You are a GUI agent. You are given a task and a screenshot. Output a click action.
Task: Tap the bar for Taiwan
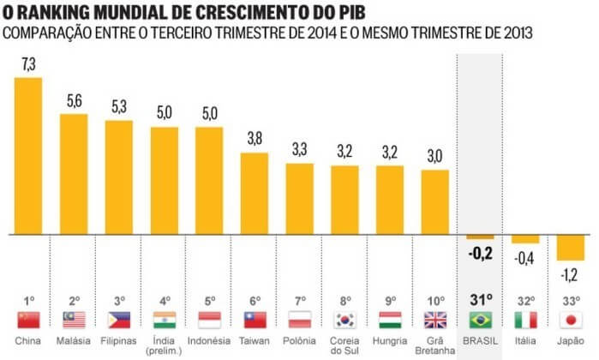click(x=254, y=194)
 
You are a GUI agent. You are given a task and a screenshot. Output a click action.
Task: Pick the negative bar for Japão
click(x=570, y=247)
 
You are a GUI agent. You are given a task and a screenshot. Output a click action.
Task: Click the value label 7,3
click(x=29, y=65)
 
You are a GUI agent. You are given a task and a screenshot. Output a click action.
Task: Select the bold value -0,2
click(x=480, y=253)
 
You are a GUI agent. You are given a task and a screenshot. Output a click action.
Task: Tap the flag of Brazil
click(x=480, y=320)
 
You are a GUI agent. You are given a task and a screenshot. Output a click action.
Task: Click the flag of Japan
click(x=570, y=320)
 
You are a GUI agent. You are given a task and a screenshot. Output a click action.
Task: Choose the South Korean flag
click(x=344, y=320)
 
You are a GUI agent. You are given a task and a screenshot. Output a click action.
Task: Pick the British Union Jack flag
click(x=435, y=320)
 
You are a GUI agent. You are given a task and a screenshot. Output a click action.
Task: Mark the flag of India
click(x=164, y=320)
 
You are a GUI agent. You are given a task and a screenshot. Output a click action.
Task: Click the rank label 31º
click(x=480, y=300)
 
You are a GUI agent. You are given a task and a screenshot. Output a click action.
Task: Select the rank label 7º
click(x=299, y=301)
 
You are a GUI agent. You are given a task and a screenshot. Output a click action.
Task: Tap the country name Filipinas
click(x=119, y=340)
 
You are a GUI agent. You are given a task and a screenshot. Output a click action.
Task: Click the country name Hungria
click(x=390, y=340)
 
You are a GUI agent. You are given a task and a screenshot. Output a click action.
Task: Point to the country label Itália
click(x=525, y=340)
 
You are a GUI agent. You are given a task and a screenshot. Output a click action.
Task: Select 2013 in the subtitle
click(x=512, y=33)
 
